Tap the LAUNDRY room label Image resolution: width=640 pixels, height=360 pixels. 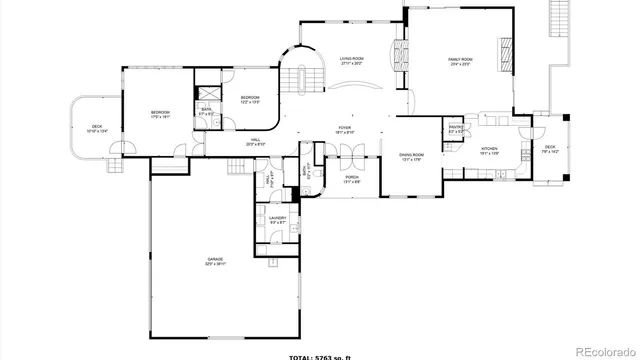click(278, 219)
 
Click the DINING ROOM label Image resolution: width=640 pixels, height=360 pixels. click(412, 156)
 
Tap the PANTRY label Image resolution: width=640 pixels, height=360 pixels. click(455, 129)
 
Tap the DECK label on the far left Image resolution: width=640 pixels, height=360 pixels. click(95, 129)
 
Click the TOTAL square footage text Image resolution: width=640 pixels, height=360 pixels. click(319, 354)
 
